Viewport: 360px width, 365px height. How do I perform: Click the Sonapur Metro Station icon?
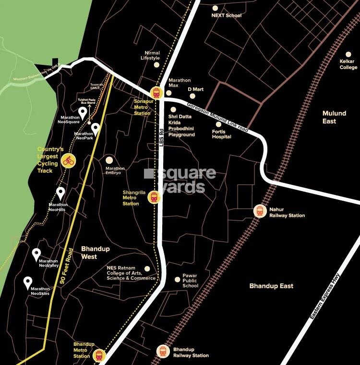pyautogui.click(x=156, y=92)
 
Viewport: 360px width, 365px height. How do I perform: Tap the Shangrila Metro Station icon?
pyautogui.click(x=154, y=197)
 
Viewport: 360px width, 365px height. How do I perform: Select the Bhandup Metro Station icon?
pyautogui.click(x=99, y=355)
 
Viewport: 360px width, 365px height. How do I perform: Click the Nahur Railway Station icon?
pyautogui.click(x=260, y=211)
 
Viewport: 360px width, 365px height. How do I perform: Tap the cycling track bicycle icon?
pyautogui.click(x=68, y=160)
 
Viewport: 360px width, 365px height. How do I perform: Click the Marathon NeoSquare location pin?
pyautogui.click(x=83, y=113)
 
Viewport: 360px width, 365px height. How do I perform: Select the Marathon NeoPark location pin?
pyautogui.click(x=96, y=128)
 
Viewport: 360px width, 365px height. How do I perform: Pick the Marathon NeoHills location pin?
pyautogui.click(x=60, y=193)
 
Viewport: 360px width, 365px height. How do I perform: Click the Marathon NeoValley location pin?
pyautogui.click(x=36, y=254)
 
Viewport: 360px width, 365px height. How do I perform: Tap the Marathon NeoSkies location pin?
pyautogui.click(x=28, y=282)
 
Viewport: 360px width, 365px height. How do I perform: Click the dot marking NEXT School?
pyautogui.click(x=215, y=8)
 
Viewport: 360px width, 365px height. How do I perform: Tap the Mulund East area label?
pyautogui.click(x=334, y=117)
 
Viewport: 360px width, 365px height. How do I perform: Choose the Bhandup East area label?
pyautogui.click(x=271, y=286)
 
